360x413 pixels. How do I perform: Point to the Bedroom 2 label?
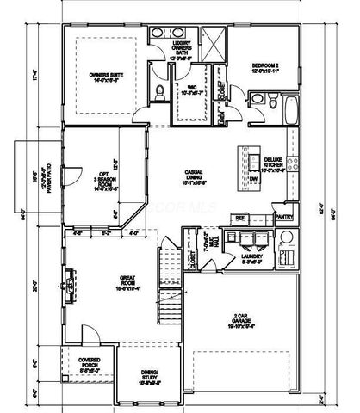(268, 68)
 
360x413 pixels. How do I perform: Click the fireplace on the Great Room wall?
(70, 280)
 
